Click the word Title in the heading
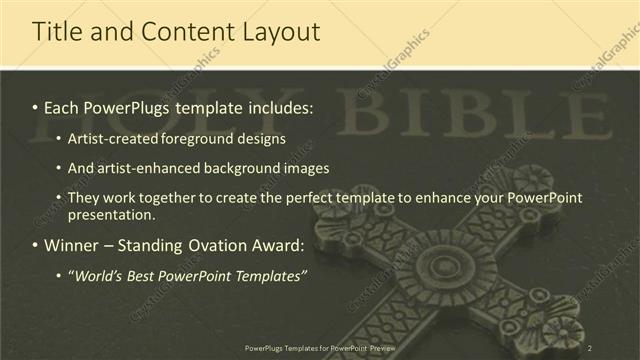pos(57,32)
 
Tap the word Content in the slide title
pos(186,32)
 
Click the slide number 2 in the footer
pos(591,347)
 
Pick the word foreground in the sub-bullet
pos(214,137)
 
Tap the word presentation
pos(112,215)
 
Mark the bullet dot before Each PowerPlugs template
pos(36,106)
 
